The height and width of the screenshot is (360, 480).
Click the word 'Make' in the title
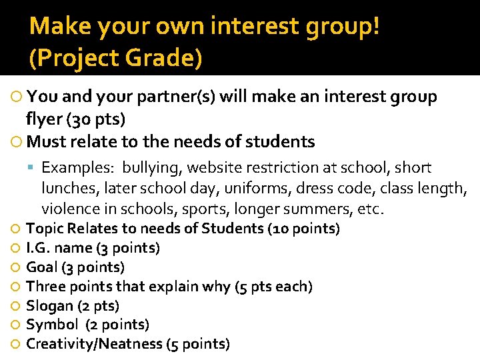pyautogui.click(x=55, y=27)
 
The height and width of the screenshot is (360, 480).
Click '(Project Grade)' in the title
pyautogui.click(x=115, y=59)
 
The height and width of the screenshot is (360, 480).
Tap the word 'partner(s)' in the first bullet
pyautogui.click(x=177, y=97)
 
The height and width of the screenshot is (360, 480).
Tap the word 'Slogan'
pyautogui.click(x=49, y=306)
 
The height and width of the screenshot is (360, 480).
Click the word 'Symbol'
pyautogui.click(x=51, y=325)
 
